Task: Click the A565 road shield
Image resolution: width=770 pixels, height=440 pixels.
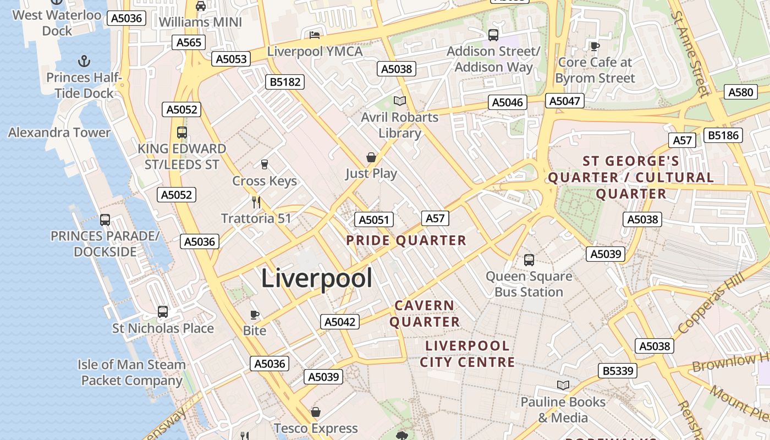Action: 189,43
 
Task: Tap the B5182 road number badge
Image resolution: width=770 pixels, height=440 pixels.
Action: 285,82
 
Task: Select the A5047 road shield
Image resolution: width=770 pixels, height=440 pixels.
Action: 564,101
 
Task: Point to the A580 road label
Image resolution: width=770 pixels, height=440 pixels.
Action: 740,92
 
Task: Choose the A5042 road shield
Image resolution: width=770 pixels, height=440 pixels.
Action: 340,322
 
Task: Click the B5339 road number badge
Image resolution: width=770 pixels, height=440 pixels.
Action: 618,371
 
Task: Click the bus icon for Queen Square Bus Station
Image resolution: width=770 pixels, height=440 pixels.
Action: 529,260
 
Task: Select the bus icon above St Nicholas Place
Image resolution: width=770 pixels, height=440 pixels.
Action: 163,312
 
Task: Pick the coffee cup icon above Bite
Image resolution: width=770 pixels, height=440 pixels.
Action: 255,315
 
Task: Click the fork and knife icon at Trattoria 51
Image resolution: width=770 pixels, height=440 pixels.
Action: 256,202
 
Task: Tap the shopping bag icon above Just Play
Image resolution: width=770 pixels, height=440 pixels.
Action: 371,158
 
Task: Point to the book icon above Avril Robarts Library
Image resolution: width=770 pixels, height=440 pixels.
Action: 400,101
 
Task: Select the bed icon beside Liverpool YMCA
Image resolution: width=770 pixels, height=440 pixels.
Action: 315,35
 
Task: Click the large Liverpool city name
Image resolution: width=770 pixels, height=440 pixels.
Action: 316,278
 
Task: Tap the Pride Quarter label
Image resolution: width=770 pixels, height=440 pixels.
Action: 406,240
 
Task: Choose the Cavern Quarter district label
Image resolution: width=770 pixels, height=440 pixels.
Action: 425,313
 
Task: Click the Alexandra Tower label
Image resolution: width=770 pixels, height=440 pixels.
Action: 59,133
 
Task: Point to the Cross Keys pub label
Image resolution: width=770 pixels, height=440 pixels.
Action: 265,181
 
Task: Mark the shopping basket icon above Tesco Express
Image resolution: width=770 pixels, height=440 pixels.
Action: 316,412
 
